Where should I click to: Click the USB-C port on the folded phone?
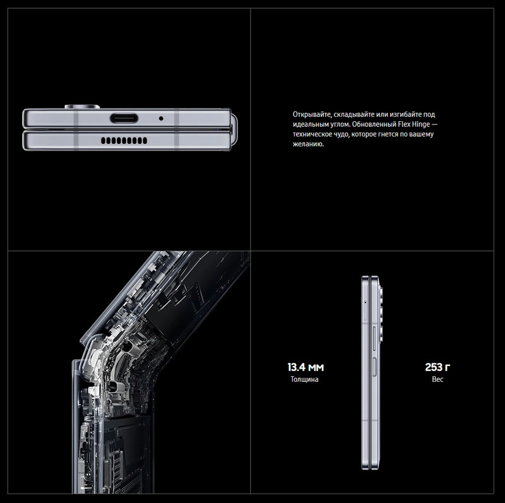pyautogui.click(x=124, y=118)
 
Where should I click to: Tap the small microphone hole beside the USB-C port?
pyautogui.click(x=161, y=119)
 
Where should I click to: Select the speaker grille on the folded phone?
pyautogui.click(x=124, y=140)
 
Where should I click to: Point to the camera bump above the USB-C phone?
pyautogui.click(x=82, y=107)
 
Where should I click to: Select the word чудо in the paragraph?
pyautogui.click(x=341, y=134)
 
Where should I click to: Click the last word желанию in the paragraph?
pyautogui.click(x=308, y=145)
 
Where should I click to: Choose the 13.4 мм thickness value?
pyautogui.click(x=306, y=367)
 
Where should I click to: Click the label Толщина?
pyautogui.click(x=304, y=379)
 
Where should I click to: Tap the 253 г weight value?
pyautogui.click(x=437, y=367)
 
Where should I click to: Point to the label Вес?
pyautogui.click(x=437, y=379)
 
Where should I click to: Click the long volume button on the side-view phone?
pyautogui.click(x=374, y=338)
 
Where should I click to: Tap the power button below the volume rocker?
pyautogui.click(x=374, y=367)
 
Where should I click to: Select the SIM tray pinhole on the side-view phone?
pyautogui.click(x=365, y=302)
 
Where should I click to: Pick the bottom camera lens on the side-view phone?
pyautogui.click(x=381, y=334)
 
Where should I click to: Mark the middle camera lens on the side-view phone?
pyautogui.click(x=381, y=314)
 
